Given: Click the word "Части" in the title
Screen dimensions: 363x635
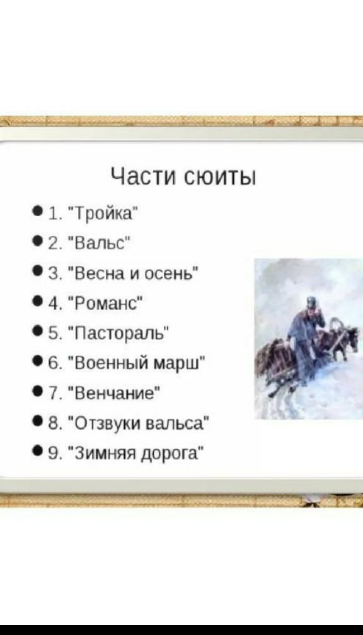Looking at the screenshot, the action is [x=142, y=177].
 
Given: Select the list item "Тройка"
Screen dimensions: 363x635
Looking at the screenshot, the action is [x=105, y=212].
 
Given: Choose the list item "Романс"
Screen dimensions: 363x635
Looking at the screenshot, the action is [x=108, y=304].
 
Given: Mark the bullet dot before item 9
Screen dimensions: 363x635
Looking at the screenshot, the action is [x=38, y=451].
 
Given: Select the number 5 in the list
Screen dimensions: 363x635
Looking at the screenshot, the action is [x=52, y=335].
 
